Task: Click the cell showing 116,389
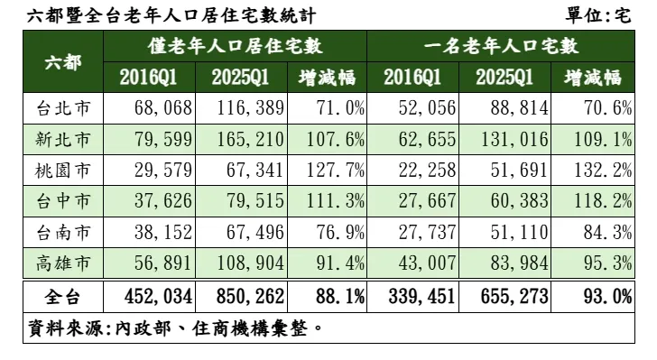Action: pyautogui.click(x=248, y=108)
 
